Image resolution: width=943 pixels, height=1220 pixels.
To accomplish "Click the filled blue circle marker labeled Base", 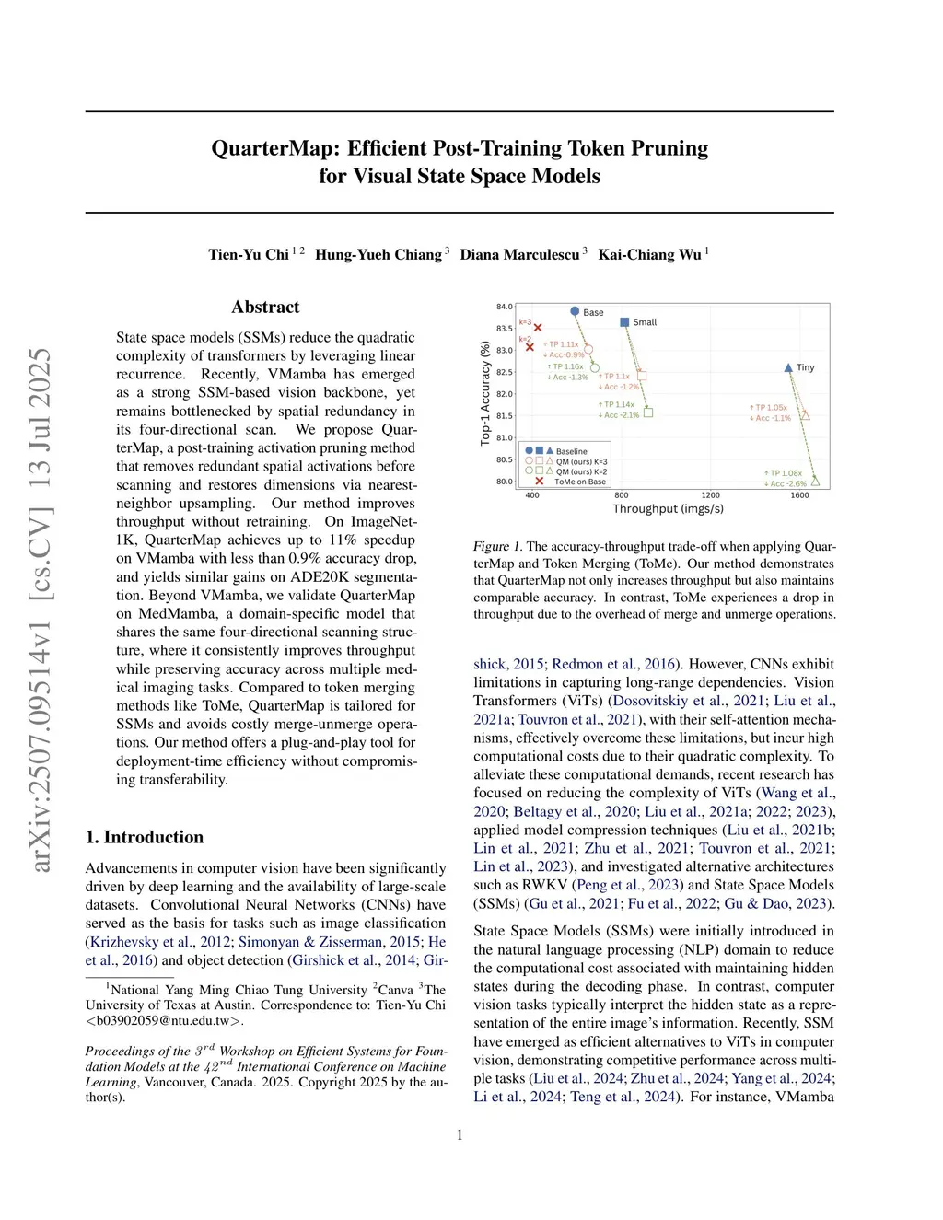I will coord(575,312).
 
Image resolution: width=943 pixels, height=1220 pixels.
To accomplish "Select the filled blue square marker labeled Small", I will coord(624,322).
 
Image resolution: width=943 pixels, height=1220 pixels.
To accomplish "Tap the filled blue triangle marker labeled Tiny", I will coord(788,367).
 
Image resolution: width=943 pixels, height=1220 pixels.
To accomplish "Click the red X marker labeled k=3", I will coord(538,328).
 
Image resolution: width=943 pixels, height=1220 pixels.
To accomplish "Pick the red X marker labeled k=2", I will coord(530,347).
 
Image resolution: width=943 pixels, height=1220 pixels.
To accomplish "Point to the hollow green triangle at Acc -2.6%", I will coord(815,481).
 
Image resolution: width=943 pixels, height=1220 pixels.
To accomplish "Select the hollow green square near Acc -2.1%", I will coord(648,412).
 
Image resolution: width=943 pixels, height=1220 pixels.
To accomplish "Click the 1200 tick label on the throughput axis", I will coord(710,495).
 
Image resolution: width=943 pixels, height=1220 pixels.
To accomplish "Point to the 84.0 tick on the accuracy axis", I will coord(505,307).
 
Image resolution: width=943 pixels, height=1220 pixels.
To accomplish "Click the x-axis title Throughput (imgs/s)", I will coord(668,509).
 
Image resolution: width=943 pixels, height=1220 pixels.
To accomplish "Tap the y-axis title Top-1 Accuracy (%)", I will coord(485,393).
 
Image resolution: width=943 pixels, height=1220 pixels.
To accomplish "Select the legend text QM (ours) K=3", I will coord(581,461).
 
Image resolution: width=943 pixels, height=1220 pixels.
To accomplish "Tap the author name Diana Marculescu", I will coord(519,254).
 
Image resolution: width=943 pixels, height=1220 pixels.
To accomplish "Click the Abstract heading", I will coord(265,307).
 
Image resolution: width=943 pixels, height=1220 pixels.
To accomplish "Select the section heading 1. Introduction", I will coord(145,837).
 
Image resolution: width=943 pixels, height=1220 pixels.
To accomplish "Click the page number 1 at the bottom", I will coord(460,1134).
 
